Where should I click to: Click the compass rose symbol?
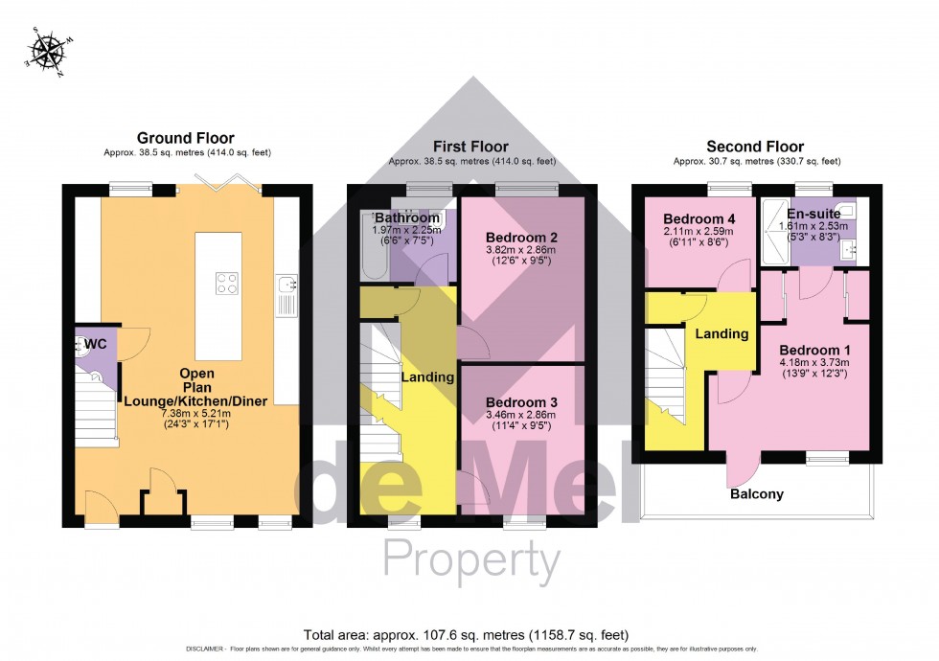point(45,52)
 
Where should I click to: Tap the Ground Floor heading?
point(185,138)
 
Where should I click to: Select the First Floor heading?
point(471,147)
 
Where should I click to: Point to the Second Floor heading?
point(755,147)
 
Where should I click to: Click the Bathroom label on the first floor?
point(406,217)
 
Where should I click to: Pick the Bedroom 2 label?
point(521,237)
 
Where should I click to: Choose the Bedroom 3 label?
point(521,401)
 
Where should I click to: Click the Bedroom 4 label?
point(698,218)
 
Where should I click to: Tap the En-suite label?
point(813,213)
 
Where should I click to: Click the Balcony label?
point(756,494)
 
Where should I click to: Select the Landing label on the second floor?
point(721,334)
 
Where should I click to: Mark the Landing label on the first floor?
point(427,377)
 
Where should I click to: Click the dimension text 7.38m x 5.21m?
point(169,411)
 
